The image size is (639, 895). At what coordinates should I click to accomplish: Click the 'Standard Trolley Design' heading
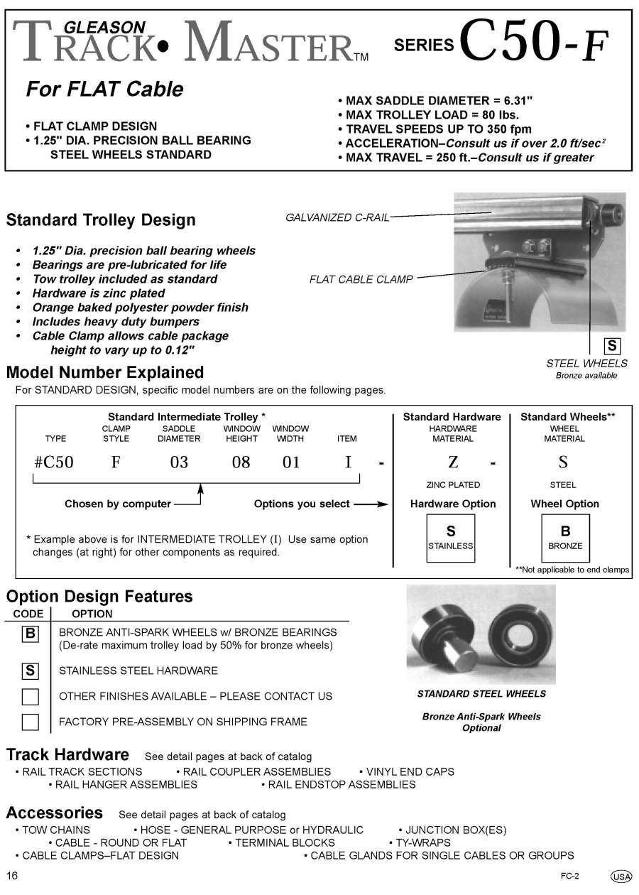101,220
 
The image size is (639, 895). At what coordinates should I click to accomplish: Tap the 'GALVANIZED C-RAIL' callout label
337,218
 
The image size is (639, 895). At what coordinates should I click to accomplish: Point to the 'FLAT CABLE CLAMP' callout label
361,280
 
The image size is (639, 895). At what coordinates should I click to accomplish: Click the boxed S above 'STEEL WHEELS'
611,347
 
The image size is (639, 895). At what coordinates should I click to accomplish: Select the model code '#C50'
53,462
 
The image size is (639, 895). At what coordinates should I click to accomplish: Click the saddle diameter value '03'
179,462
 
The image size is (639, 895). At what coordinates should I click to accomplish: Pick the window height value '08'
241,462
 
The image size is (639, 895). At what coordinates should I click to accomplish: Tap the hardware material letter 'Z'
453,462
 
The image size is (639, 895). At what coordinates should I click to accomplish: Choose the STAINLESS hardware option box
450,538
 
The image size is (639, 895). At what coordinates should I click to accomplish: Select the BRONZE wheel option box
565,538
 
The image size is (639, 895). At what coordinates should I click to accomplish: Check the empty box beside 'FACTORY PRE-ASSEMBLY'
31,722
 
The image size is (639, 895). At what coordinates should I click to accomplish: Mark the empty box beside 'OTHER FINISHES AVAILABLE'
31,696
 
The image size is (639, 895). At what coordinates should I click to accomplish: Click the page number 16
12,874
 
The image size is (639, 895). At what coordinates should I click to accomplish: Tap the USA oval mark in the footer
621,877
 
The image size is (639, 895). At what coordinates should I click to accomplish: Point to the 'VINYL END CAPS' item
410,771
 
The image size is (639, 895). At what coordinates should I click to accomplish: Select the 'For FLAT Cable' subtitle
104,89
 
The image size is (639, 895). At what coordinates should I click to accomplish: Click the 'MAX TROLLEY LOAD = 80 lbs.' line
428,115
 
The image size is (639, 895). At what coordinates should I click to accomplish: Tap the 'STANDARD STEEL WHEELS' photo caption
481,694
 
